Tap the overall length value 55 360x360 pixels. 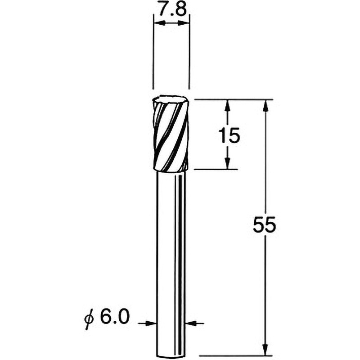(264, 225)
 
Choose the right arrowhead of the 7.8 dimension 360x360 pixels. (186, 22)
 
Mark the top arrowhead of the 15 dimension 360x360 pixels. (228, 104)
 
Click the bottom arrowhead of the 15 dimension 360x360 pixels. (228, 164)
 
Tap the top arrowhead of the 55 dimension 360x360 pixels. (266, 104)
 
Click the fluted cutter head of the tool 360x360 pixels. (171, 135)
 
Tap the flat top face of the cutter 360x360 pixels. (171, 99)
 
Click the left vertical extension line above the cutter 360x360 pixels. (153, 54)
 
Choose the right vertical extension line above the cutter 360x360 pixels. (189, 54)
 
